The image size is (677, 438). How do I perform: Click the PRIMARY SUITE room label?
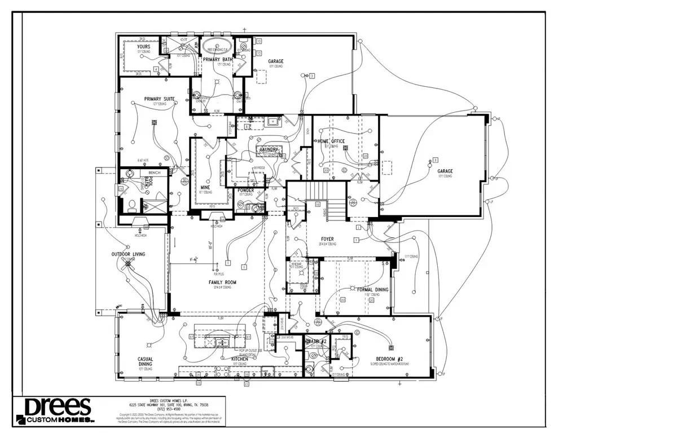(x=159, y=99)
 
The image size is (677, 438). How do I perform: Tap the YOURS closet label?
(x=135, y=47)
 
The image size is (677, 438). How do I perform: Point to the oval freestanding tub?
(x=213, y=46)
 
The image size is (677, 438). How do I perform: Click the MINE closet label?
(x=206, y=187)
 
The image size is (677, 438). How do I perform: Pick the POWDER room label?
(x=246, y=190)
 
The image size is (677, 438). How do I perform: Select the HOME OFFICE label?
(x=331, y=141)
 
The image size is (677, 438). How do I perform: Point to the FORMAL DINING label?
(x=373, y=290)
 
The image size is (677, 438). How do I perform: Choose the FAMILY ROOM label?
(x=222, y=282)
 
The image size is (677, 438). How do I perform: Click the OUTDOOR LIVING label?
(x=128, y=254)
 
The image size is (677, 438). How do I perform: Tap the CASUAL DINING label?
(x=145, y=362)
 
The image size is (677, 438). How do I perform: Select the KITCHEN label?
(x=239, y=359)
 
